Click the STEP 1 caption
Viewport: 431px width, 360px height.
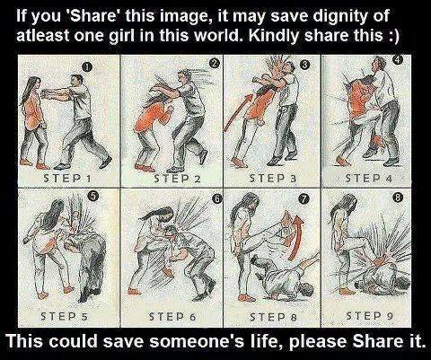point(67,179)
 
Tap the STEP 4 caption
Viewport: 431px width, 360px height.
point(369,179)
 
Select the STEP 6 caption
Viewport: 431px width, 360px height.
point(172,316)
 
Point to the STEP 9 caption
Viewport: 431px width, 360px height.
point(370,315)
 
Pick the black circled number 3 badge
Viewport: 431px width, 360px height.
point(304,65)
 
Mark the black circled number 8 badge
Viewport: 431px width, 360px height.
point(398,198)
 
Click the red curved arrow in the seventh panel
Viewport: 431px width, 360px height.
point(296,236)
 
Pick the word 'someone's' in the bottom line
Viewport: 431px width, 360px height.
point(198,341)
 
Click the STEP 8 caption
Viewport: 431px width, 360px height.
point(273,316)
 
